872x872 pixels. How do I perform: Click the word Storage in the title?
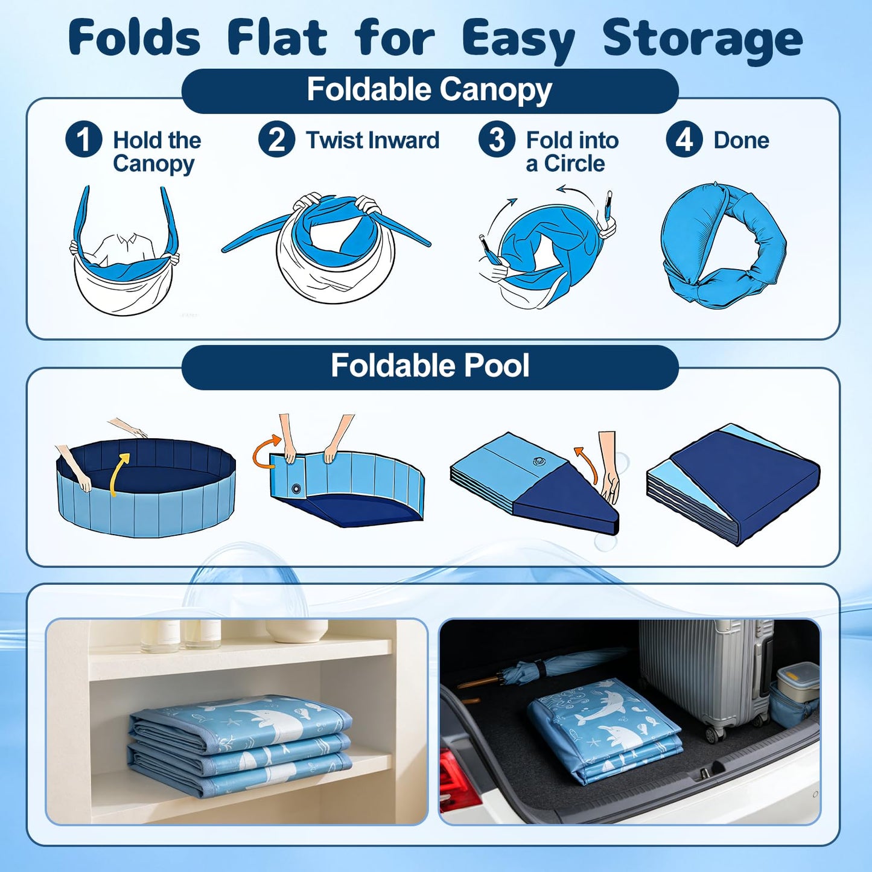pos(703,40)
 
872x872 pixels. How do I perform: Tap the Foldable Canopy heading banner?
pos(430,91)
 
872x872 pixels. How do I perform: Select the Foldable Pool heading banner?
pos(430,367)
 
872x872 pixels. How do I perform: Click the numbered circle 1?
pos(83,139)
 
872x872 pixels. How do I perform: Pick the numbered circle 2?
pos(276,139)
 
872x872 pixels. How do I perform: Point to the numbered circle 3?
pos(497,139)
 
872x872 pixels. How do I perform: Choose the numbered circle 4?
pos(684,139)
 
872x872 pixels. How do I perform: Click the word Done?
pos(741,140)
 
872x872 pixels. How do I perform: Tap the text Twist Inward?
pos(373,140)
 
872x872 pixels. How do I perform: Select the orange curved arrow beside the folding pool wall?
pos(267,450)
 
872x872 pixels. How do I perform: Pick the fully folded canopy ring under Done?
pos(723,245)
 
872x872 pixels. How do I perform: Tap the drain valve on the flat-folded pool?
pos(538,461)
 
